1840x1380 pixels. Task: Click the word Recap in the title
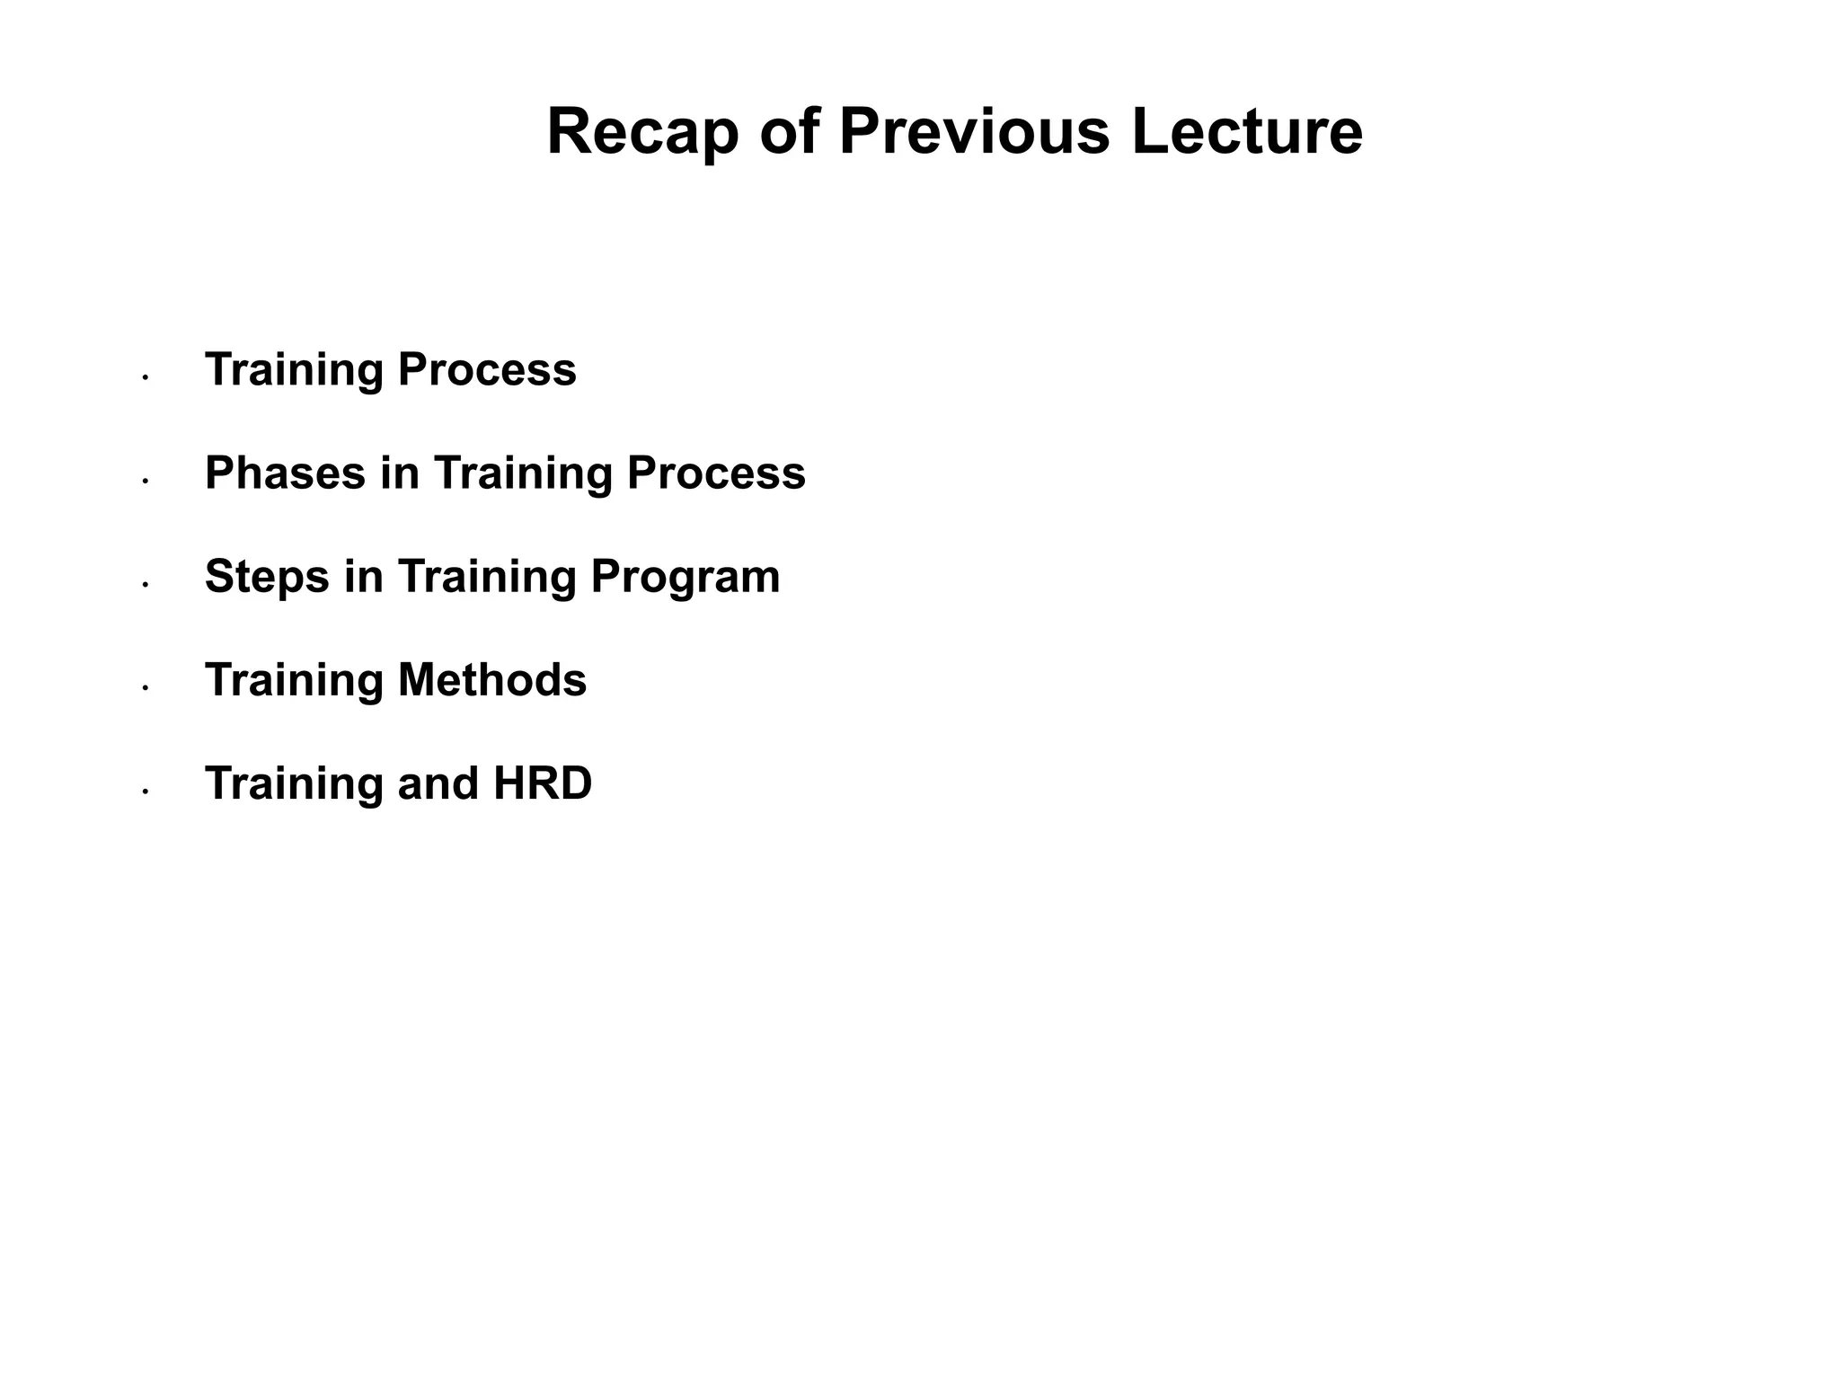coord(642,133)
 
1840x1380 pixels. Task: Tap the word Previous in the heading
coord(974,133)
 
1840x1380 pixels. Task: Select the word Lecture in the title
coord(1246,133)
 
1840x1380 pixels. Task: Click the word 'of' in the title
coord(790,133)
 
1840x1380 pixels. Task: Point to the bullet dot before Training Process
coord(145,378)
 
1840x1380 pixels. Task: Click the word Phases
coord(285,473)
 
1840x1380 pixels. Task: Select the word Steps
coord(267,577)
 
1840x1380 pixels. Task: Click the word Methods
coord(491,680)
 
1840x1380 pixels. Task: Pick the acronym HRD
coord(543,783)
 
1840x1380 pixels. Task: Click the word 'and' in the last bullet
coord(438,783)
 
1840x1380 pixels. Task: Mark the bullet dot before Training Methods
coord(145,688)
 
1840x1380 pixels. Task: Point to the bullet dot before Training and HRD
coord(145,792)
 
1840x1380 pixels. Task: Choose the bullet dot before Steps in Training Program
coord(145,585)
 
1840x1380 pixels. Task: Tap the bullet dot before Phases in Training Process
coord(145,482)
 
